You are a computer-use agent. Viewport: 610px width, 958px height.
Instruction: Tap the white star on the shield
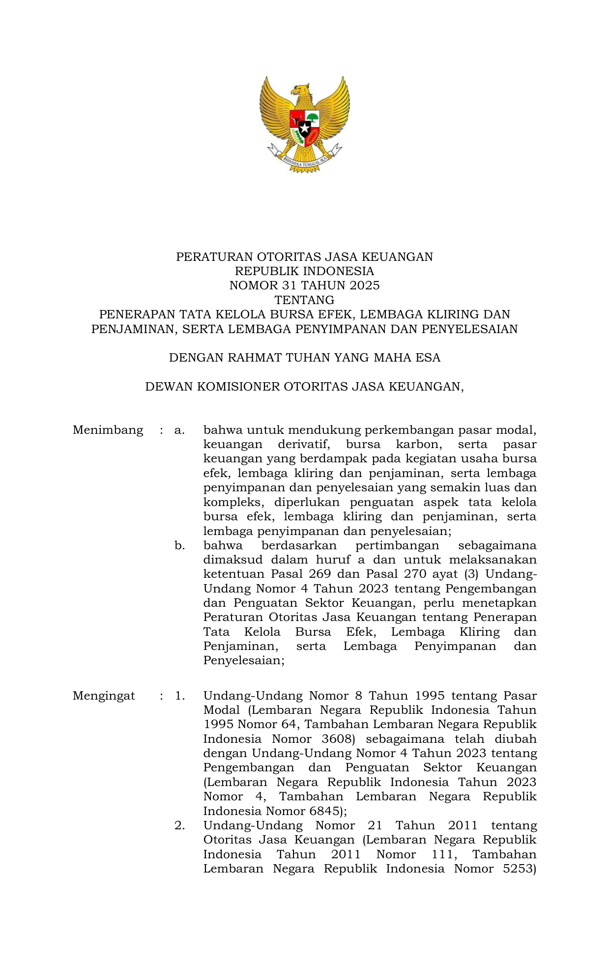coord(305,129)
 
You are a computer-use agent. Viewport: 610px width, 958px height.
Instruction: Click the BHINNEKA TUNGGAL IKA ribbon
coord(305,160)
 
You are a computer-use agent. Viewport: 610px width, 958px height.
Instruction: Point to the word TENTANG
coord(304,300)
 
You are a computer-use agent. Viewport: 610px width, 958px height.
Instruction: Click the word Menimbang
coord(108,430)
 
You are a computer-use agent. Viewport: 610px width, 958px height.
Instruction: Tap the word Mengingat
coord(104,696)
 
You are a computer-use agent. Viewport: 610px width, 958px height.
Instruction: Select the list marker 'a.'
coord(179,430)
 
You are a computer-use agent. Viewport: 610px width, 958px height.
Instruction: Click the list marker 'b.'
coord(179,545)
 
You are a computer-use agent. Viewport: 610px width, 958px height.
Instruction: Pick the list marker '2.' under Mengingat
coord(179,825)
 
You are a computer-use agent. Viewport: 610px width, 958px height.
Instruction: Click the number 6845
coord(324,811)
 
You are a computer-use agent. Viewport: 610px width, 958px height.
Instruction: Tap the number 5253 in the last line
coord(519,869)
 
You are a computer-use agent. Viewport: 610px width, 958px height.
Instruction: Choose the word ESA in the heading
coord(428,357)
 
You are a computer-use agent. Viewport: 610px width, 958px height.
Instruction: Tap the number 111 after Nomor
coord(444,854)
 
